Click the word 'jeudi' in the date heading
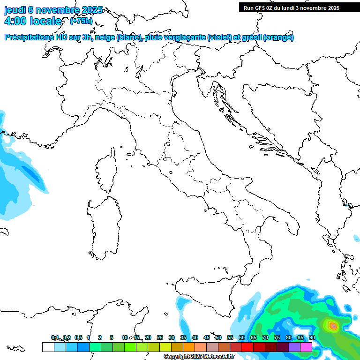(x=15, y=10)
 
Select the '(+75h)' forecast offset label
(x=81, y=21)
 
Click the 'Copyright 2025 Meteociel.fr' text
(x=199, y=357)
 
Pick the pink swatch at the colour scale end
(x=306, y=347)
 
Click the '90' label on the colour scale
(x=312, y=337)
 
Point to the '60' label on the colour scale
(x=241, y=337)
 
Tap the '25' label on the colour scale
(x=159, y=337)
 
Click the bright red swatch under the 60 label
(x=247, y=347)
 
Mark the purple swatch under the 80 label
(x=294, y=347)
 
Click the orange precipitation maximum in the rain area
(x=333, y=325)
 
